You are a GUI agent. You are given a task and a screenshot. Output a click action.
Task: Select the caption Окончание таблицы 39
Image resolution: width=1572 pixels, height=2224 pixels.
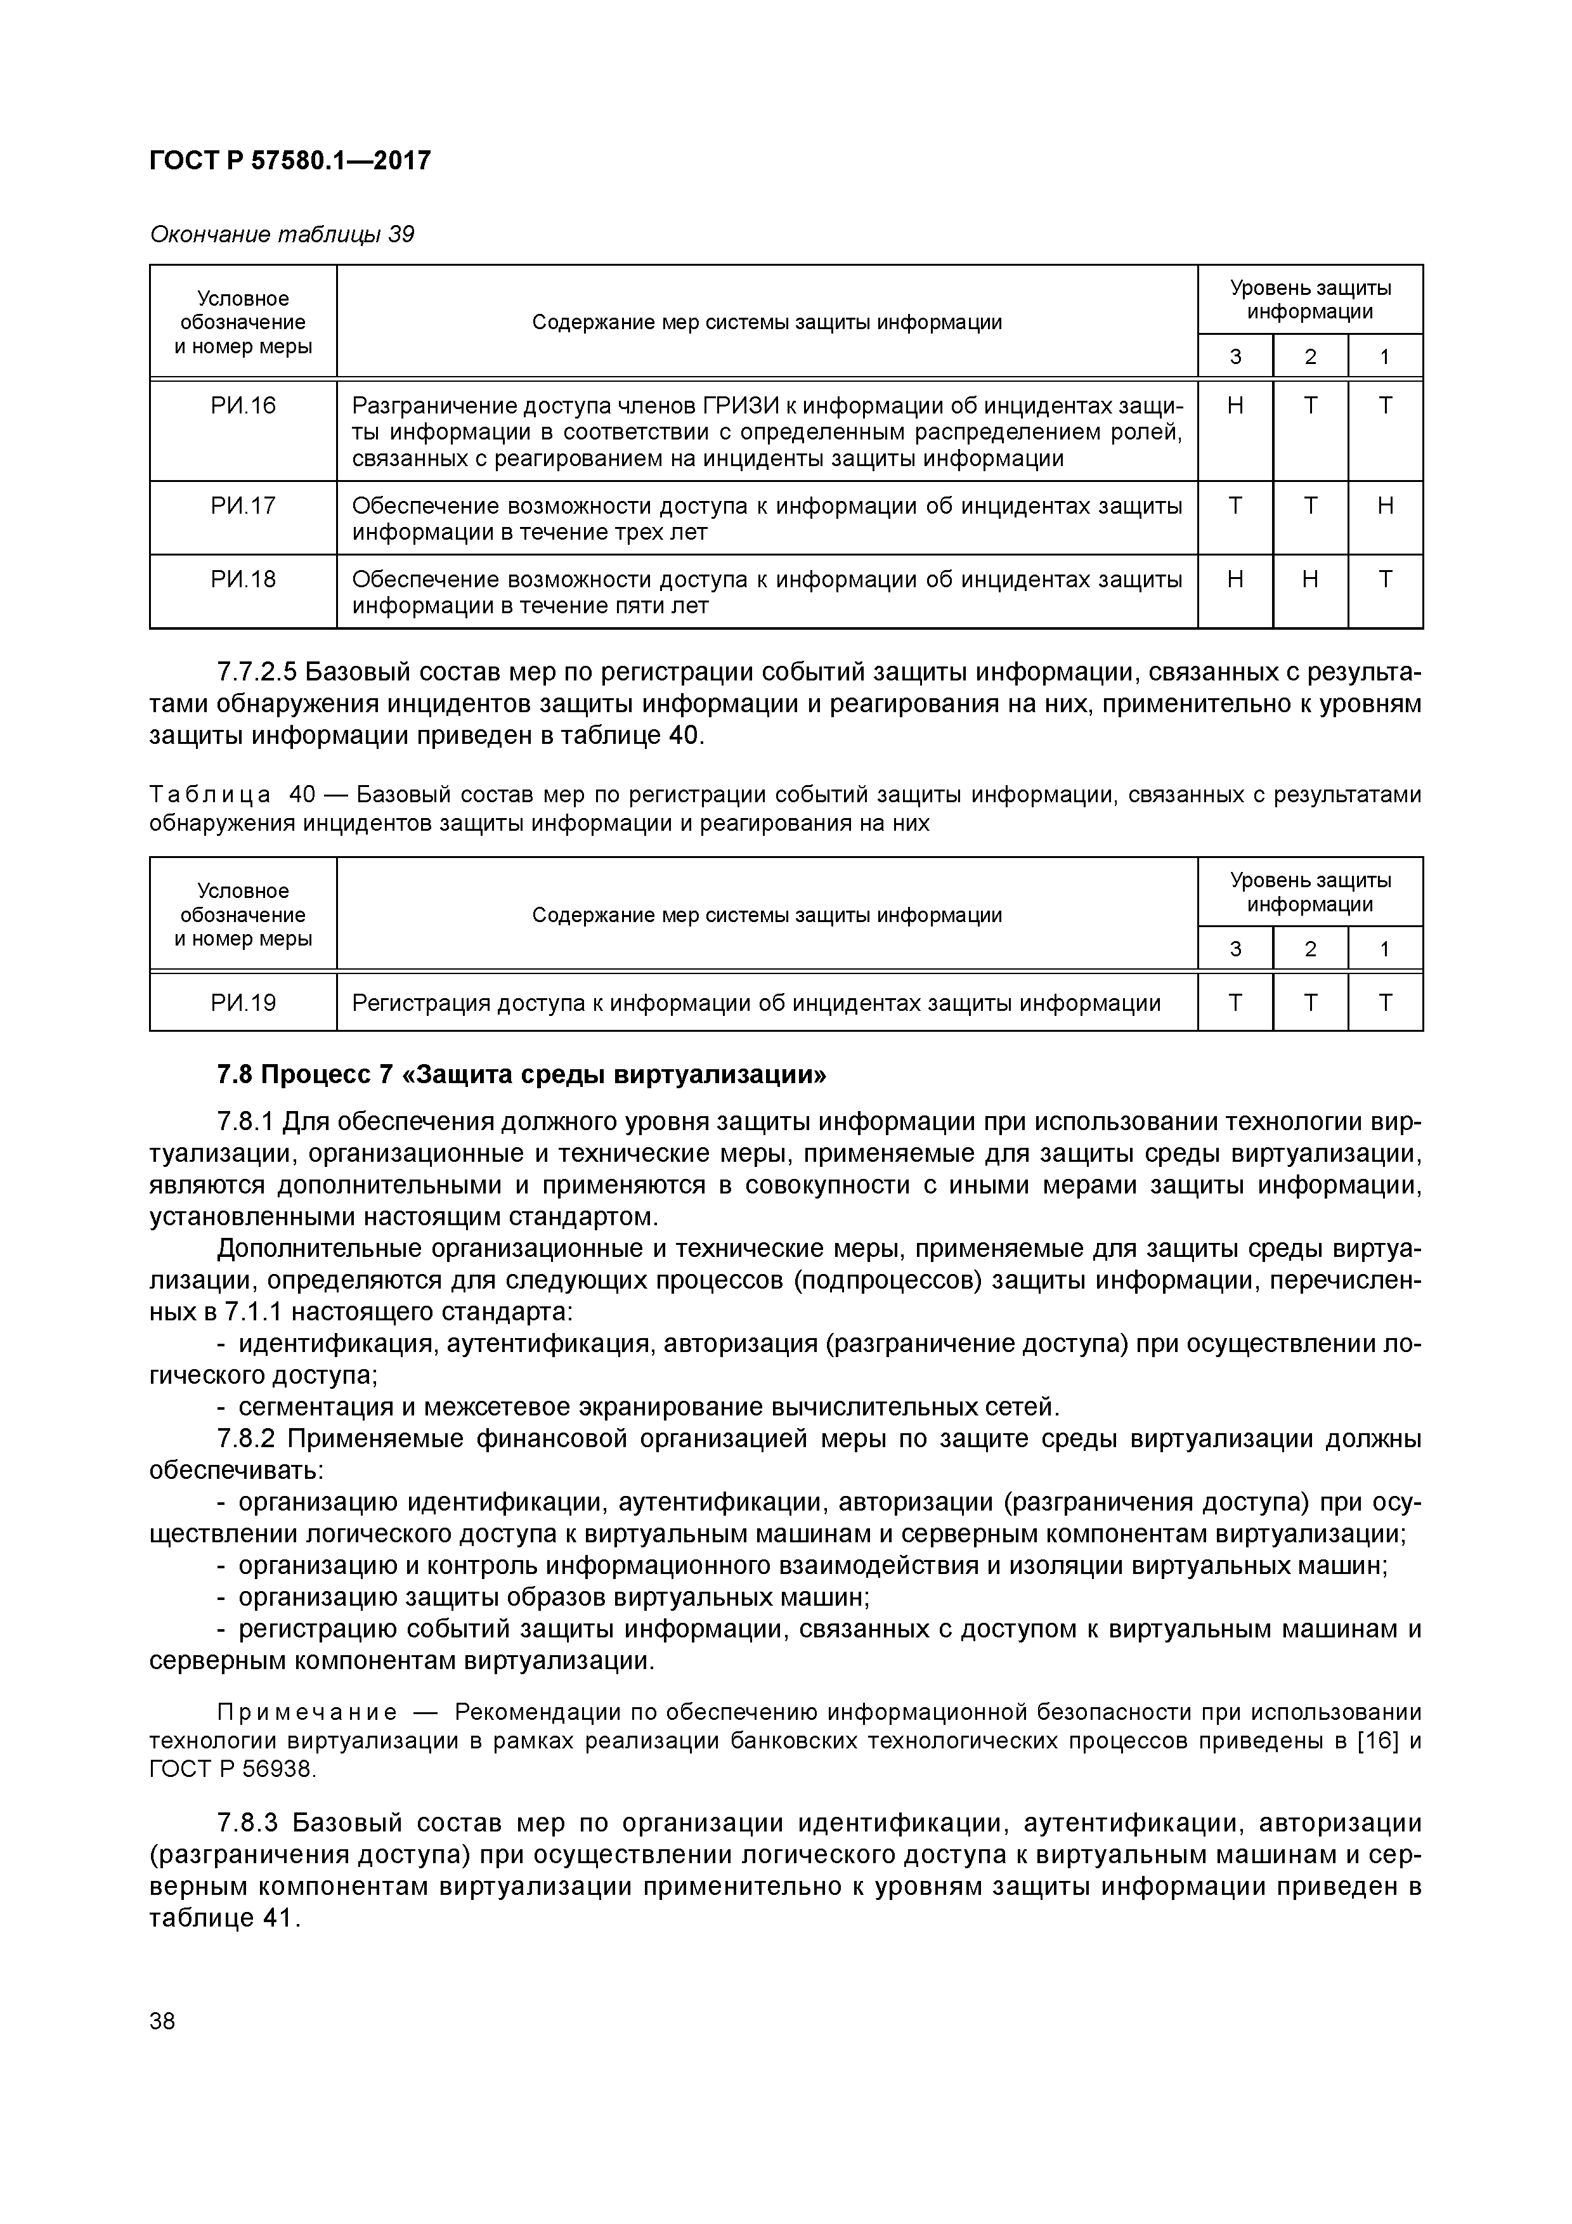[282, 235]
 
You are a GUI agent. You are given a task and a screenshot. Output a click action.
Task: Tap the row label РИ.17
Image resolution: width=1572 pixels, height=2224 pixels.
[243, 505]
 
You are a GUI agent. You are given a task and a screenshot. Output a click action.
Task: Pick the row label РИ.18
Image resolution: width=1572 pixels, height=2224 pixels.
[243, 579]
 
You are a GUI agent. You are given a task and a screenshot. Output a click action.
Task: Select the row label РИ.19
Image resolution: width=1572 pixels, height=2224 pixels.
[243, 1003]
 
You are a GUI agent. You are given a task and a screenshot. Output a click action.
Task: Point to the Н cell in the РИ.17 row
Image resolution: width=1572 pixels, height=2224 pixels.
[1385, 505]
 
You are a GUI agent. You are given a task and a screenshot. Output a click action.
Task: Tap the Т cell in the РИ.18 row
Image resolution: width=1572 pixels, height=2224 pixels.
[1385, 579]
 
